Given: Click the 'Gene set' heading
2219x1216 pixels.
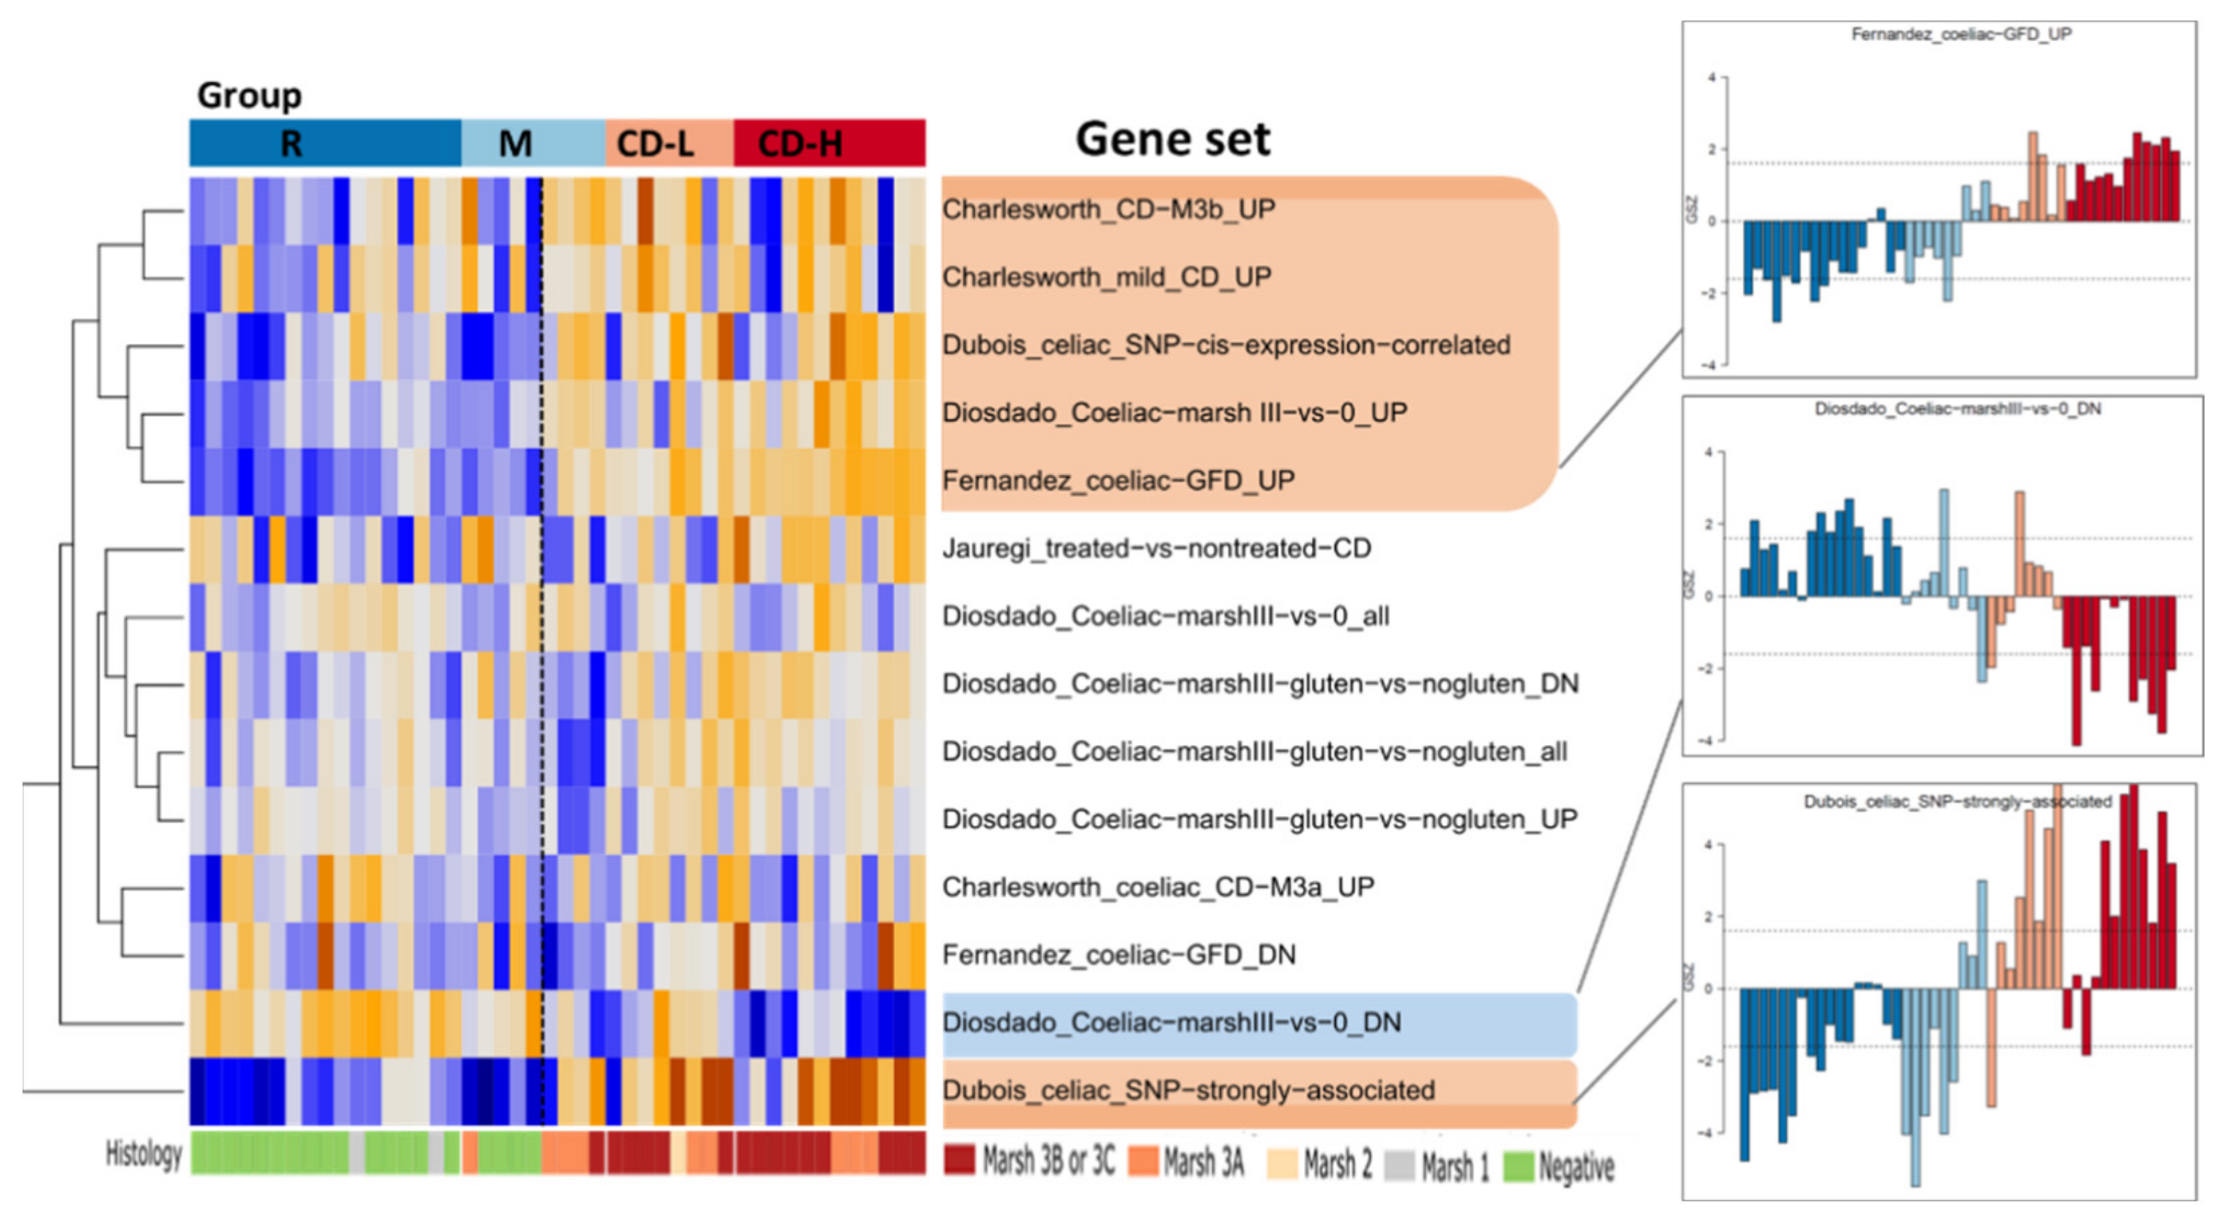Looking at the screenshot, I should [1172, 139].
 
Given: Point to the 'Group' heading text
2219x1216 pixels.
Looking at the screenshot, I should [249, 95].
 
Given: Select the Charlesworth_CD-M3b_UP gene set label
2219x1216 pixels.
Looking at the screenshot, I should [1108, 209].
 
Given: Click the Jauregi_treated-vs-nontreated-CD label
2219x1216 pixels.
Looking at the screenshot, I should [1156, 548].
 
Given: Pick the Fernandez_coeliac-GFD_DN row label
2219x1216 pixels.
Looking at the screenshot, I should [1118, 954].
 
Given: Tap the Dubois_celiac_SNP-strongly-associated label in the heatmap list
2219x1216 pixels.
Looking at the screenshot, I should [1188, 1090].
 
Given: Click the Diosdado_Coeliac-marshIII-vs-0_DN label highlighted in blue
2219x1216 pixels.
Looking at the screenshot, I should [1171, 1022].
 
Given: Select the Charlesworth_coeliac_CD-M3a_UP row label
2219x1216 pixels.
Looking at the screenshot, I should [1157, 886].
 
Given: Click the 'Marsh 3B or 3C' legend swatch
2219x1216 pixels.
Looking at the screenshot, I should [958, 1160].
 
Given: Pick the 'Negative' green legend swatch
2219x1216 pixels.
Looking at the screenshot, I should [1518, 1166].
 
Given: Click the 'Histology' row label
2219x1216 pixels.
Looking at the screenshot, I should [143, 1154].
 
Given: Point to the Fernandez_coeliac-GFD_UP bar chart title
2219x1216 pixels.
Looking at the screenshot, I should [1961, 34].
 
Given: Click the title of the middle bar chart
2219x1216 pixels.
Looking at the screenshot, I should [1957, 409].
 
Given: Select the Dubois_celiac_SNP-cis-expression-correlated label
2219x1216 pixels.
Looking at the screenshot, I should [1226, 345].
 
